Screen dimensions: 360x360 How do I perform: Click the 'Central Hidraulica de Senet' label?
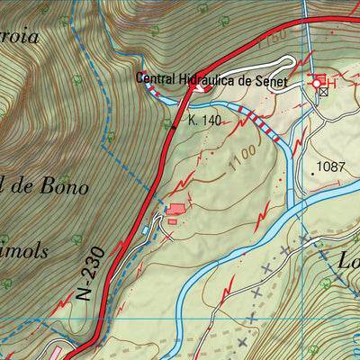(x=211, y=80)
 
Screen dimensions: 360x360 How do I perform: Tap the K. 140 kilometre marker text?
(x=204, y=119)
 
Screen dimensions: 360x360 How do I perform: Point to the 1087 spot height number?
(x=331, y=166)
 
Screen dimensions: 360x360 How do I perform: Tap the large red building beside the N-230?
(x=176, y=209)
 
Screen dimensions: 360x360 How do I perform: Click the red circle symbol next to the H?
(x=317, y=83)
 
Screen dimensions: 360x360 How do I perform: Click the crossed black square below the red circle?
(x=323, y=93)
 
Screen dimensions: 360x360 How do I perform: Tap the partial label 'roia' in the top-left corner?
(x=20, y=12)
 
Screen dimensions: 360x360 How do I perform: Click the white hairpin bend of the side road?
(x=289, y=62)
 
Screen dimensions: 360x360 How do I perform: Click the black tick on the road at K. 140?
(x=175, y=127)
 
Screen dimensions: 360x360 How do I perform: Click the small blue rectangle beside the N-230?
(x=146, y=229)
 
